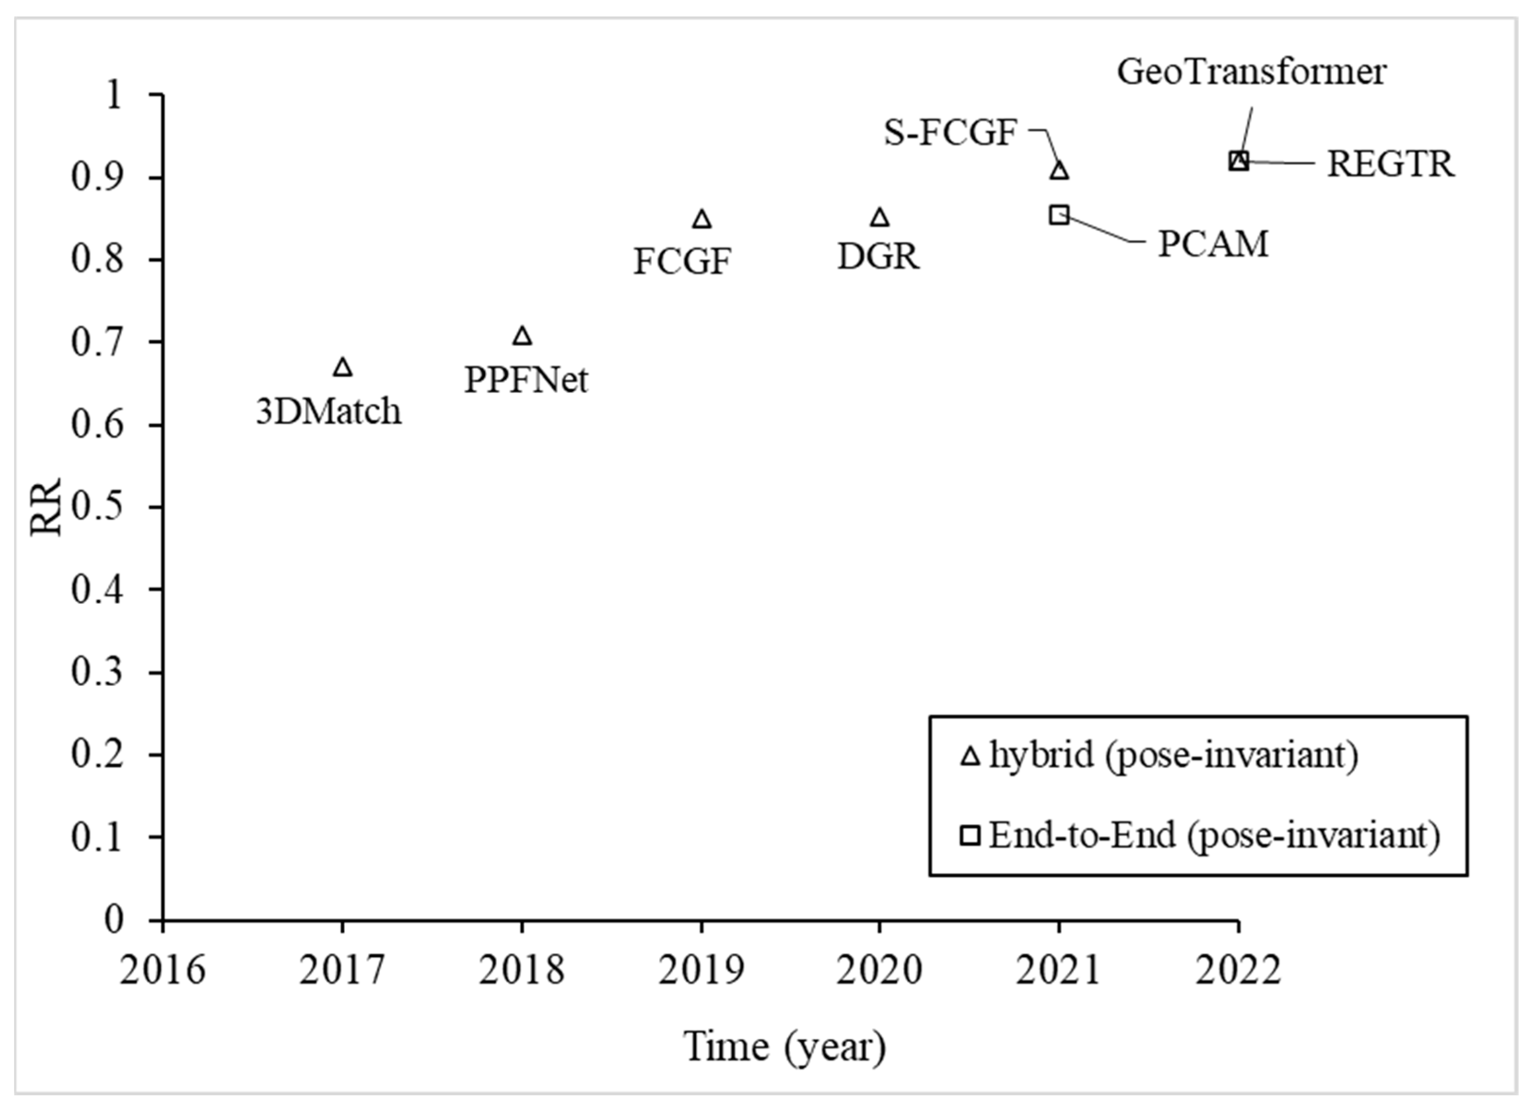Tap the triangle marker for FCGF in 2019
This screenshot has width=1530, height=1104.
(x=701, y=219)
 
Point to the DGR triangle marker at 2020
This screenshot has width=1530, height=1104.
(x=879, y=217)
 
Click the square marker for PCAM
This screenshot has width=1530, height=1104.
(x=1059, y=215)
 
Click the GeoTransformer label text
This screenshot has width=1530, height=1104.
(x=1251, y=71)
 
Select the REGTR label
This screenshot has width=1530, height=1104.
(x=1390, y=164)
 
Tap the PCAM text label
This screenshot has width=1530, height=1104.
(x=1213, y=244)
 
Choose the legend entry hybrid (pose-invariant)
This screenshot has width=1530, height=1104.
(x=1173, y=755)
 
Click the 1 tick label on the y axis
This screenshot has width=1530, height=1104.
(x=113, y=94)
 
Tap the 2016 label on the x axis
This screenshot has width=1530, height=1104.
(x=162, y=971)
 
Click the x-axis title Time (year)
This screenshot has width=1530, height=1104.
(x=784, y=1046)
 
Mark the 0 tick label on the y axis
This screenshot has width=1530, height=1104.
(x=113, y=920)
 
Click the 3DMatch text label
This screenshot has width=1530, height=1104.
(x=328, y=411)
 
